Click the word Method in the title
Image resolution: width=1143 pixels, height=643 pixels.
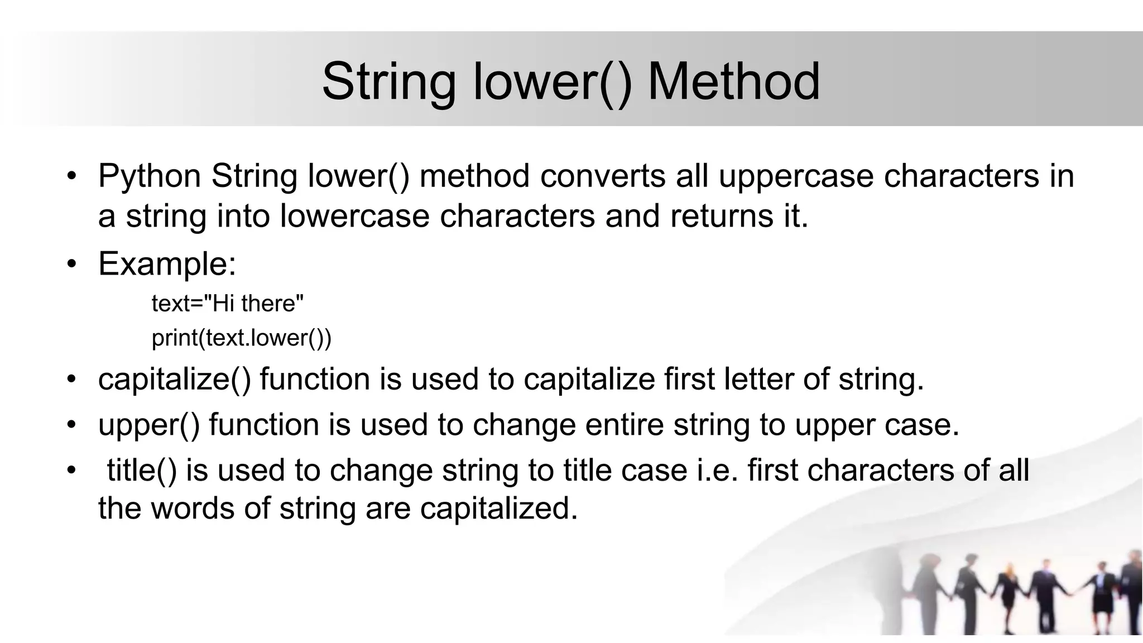pyautogui.click(x=733, y=81)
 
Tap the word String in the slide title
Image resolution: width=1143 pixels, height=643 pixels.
pyautogui.click(x=388, y=83)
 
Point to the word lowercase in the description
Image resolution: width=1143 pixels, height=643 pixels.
pyautogui.click(x=354, y=216)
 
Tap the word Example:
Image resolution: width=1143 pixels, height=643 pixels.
pyautogui.click(x=167, y=263)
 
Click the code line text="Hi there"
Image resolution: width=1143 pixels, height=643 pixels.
pyautogui.click(x=228, y=304)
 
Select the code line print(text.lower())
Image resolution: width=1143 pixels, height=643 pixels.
pyautogui.click(x=242, y=338)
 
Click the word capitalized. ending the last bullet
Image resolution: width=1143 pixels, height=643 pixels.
pyautogui.click(x=499, y=509)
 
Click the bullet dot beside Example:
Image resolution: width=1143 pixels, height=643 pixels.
pyautogui.click(x=71, y=263)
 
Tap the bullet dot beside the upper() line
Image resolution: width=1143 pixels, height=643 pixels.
pyautogui.click(x=71, y=425)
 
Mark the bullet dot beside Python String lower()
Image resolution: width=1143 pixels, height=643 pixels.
pyautogui.click(x=71, y=176)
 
